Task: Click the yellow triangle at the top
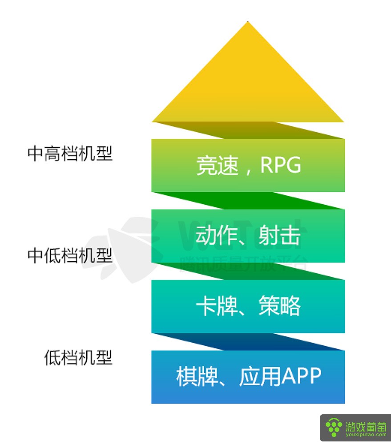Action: tap(248, 85)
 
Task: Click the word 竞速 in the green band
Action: tap(216, 165)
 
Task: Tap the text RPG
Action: tap(281, 165)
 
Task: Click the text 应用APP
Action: tap(280, 377)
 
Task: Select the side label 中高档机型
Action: tap(70, 154)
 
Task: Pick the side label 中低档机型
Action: tap(70, 255)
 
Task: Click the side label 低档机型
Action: tap(78, 357)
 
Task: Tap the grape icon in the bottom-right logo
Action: tap(334, 428)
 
